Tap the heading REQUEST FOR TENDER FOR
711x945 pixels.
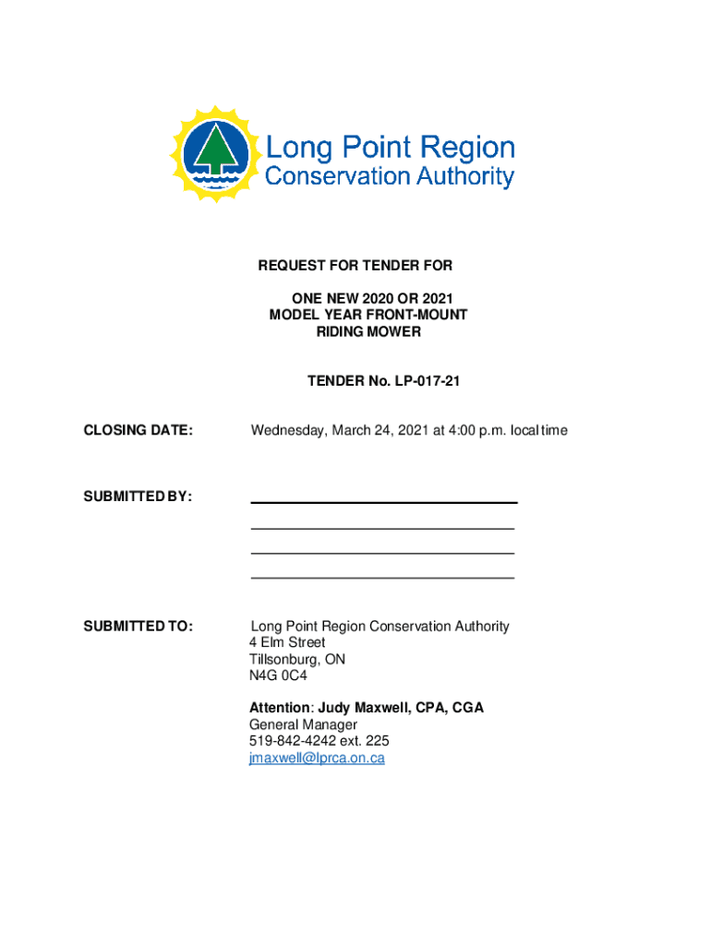coord(355,266)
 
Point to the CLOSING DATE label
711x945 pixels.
coord(139,430)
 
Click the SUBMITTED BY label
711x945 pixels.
coord(138,496)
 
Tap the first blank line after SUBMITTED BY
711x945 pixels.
coord(383,502)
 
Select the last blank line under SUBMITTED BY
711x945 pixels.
coord(382,578)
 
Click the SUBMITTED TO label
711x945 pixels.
coord(139,627)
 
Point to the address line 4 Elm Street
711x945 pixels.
coord(287,642)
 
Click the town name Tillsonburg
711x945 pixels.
coord(282,659)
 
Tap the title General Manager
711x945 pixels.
coord(303,725)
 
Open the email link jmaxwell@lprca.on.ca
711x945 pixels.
coord(317,759)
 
